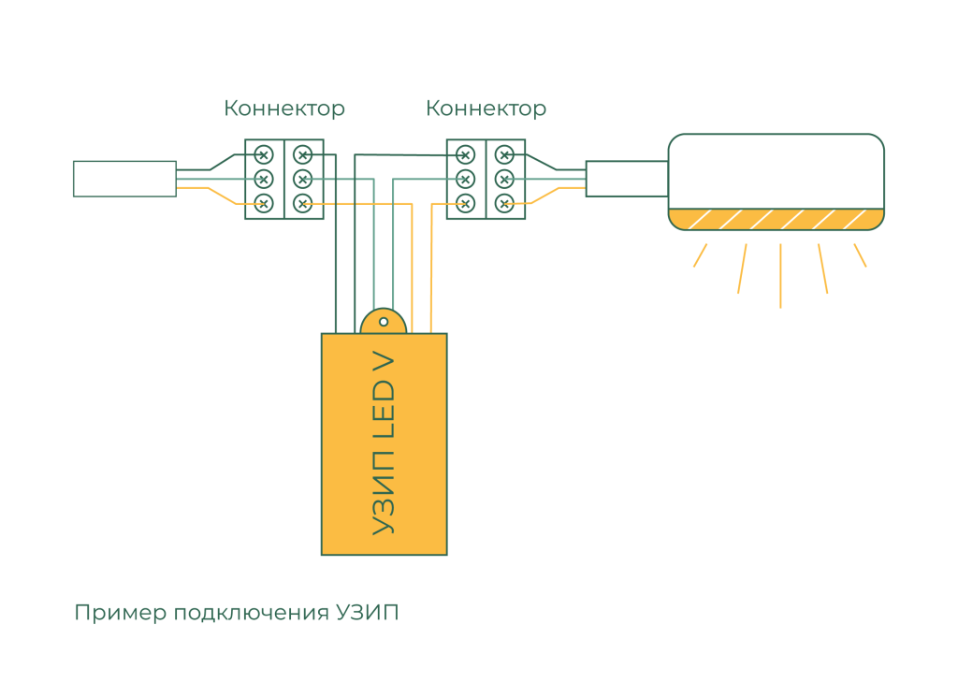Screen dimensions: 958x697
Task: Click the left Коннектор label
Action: (x=284, y=109)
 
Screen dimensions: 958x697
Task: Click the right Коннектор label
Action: (x=486, y=109)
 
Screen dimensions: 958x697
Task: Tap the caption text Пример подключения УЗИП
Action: (x=237, y=613)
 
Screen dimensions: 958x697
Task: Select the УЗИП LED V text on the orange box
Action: (x=384, y=444)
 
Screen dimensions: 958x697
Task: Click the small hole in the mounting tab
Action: (x=384, y=322)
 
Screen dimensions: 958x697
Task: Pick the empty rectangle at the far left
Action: (x=124, y=179)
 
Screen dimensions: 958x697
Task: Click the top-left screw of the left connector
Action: (x=263, y=155)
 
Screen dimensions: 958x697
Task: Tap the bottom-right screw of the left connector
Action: (x=303, y=203)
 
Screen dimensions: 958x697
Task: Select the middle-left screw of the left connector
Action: (x=263, y=179)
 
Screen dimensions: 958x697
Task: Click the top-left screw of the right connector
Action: (x=466, y=155)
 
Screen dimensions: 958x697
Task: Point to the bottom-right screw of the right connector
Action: (x=504, y=203)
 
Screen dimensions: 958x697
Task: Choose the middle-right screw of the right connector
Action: (x=504, y=179)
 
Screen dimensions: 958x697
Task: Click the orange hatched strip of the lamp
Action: (x=776, y=219)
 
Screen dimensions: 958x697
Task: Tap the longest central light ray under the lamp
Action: (x=780, y=275)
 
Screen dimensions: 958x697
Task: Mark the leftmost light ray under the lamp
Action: (x=700, y=255)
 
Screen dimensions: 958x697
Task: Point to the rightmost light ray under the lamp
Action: (x=861, y=255)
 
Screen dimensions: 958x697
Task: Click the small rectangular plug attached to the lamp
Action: (x=627, y=179)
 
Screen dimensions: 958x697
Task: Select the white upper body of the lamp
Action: (x=776, y=171)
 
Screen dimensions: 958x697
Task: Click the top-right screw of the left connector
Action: (x=303, y=155)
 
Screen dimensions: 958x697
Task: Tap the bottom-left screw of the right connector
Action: (x=466, y=203)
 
